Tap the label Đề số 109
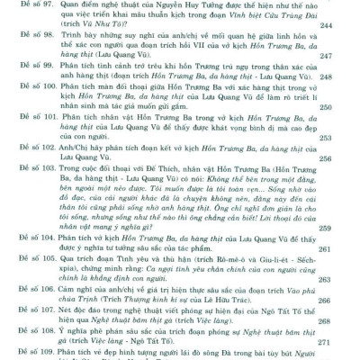pos(26,355)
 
